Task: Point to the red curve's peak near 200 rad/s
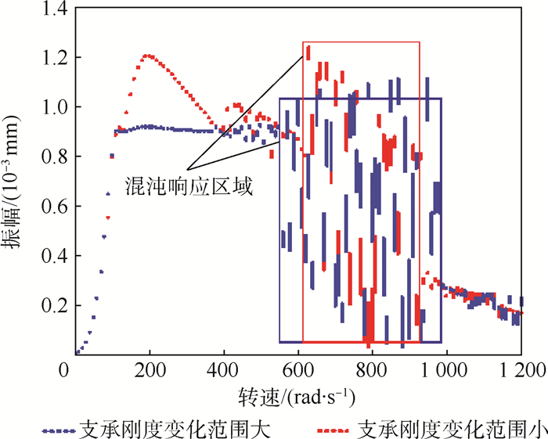tap(149, 56)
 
